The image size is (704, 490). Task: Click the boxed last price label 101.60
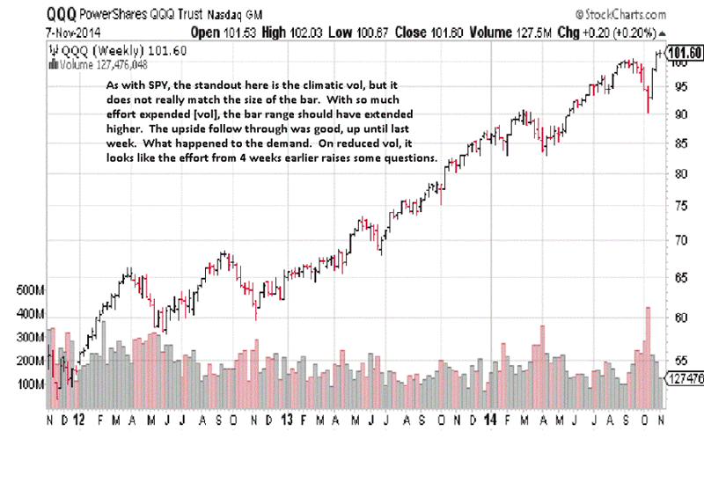tap(685, 53)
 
